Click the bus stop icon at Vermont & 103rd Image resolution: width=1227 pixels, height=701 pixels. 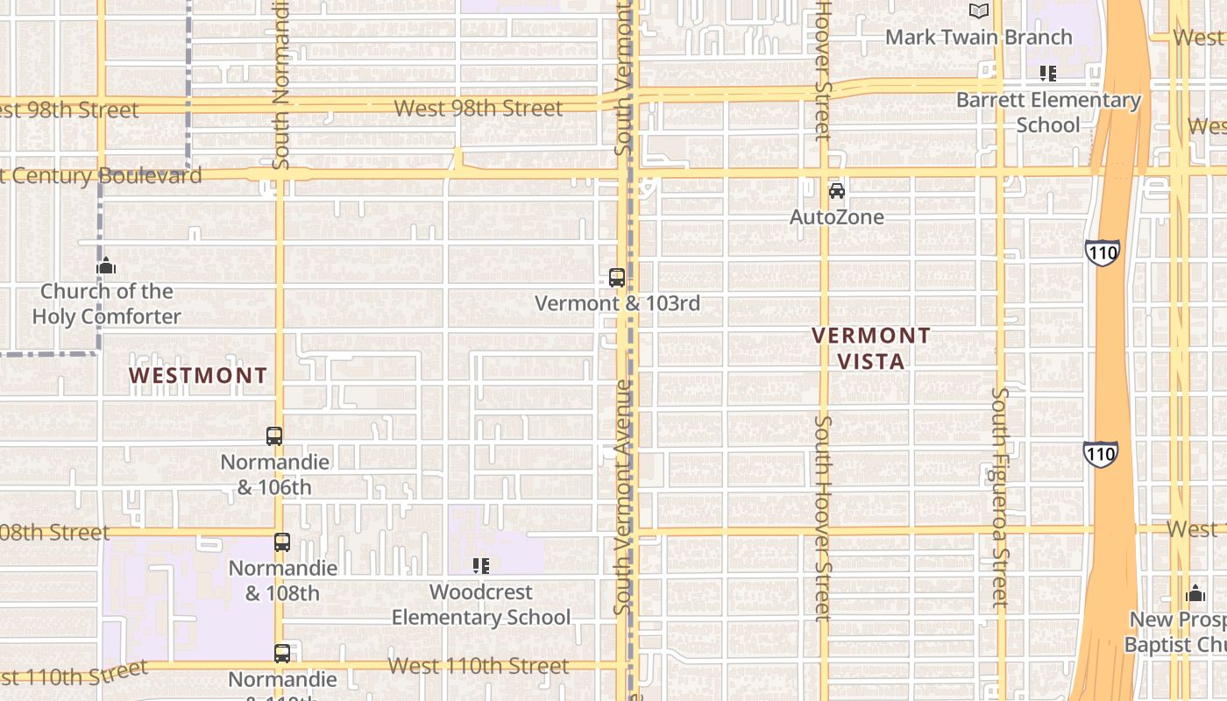point(617,278)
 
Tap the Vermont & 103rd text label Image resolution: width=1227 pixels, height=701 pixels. point(617,304)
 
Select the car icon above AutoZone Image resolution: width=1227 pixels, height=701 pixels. point(837,190)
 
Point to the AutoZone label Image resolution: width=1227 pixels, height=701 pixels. point(837,216)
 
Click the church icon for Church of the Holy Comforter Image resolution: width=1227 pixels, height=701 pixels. point(106,266)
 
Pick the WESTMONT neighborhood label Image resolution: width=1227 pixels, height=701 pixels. point(198,376)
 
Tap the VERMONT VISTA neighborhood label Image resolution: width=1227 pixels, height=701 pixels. point(870,348)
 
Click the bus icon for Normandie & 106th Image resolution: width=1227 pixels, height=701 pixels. point(274,435)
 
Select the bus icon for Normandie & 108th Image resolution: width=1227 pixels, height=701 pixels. point(281,542)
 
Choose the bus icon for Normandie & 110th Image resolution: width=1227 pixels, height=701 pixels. point(281,653)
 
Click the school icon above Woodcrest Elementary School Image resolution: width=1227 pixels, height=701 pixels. point(480,566)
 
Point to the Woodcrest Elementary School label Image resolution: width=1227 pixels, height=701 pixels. point(480,605)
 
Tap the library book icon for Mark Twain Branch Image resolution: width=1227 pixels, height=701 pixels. point(979,11)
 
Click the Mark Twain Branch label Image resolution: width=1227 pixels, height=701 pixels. point(978,37)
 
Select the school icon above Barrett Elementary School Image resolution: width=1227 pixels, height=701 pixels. point(1047,74)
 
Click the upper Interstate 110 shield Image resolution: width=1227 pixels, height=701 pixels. point(1102,253)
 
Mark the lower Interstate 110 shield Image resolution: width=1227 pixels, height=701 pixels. point(1100,454)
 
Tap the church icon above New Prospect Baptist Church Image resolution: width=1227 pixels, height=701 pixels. point(1195,593)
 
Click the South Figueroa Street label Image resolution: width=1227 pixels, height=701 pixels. point(1001,497)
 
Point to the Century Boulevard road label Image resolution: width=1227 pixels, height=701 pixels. point(101,175)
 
